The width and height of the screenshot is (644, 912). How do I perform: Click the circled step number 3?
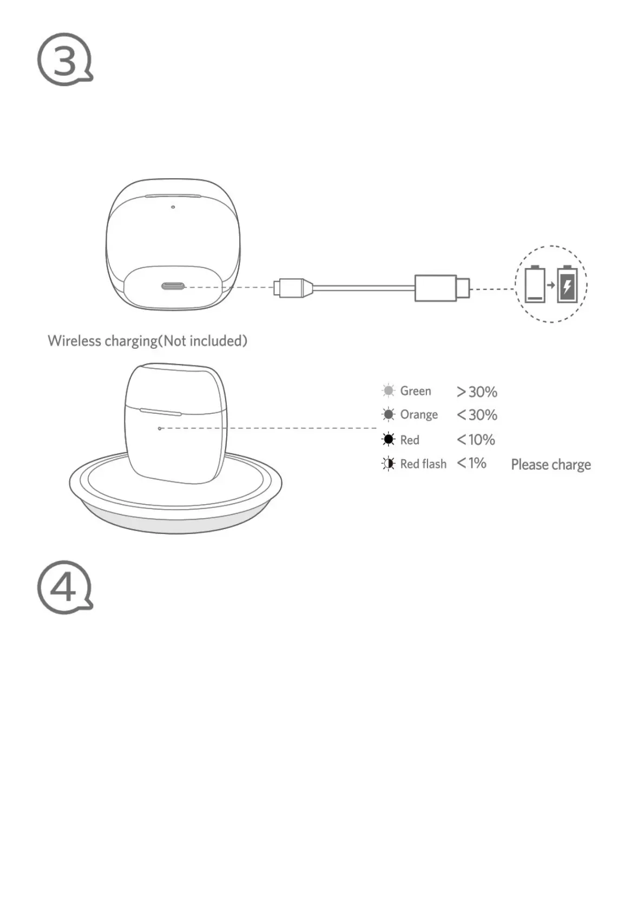(x=64, y=60)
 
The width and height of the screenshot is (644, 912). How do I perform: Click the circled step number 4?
(x=64, y=587)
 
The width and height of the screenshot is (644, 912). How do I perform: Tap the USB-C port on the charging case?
(x=173, y=287)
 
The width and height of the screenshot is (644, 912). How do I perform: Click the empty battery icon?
(x=535, y=284)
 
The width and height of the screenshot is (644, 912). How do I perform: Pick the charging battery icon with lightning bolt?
(x=567, y=284)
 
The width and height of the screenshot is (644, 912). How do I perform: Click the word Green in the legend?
(x=416, y=391)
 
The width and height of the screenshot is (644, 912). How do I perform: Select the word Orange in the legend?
(x=419, y=415)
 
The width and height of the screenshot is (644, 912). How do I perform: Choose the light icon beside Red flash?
(x=389, y=464)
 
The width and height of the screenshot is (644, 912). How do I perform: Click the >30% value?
(x=477, y=392)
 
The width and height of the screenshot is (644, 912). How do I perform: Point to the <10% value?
(x=476, y=440)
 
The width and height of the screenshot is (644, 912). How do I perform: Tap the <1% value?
(x=471, y=464)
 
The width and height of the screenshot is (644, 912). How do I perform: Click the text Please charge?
(x=551, y=465)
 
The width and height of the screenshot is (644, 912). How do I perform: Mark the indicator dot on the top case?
(x=173, y=207)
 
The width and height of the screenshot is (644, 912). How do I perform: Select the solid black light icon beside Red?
(x=389, y=439)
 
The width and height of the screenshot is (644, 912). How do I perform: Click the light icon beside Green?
(x=389, y=390)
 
